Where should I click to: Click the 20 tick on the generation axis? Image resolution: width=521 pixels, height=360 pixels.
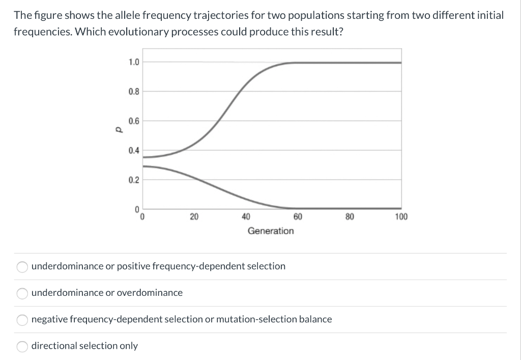point(194,217)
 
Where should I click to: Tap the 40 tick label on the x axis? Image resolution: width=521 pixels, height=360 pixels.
point(246,217)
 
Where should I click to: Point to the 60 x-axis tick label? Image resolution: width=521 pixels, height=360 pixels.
point(298,217)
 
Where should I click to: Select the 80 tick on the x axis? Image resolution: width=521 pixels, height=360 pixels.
point(350,217)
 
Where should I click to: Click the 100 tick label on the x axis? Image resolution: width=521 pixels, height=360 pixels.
point(401,217)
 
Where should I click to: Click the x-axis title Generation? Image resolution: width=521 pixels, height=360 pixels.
point(271,231)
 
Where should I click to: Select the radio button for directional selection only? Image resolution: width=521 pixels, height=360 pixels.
point(22,346)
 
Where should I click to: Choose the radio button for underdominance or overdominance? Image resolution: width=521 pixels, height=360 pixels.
point(22,293)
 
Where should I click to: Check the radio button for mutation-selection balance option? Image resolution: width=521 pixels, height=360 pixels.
point(22,320)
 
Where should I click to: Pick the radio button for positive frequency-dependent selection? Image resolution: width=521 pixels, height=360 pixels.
point(22,266)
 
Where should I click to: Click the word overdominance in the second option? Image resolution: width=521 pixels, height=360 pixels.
point(150,293)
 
